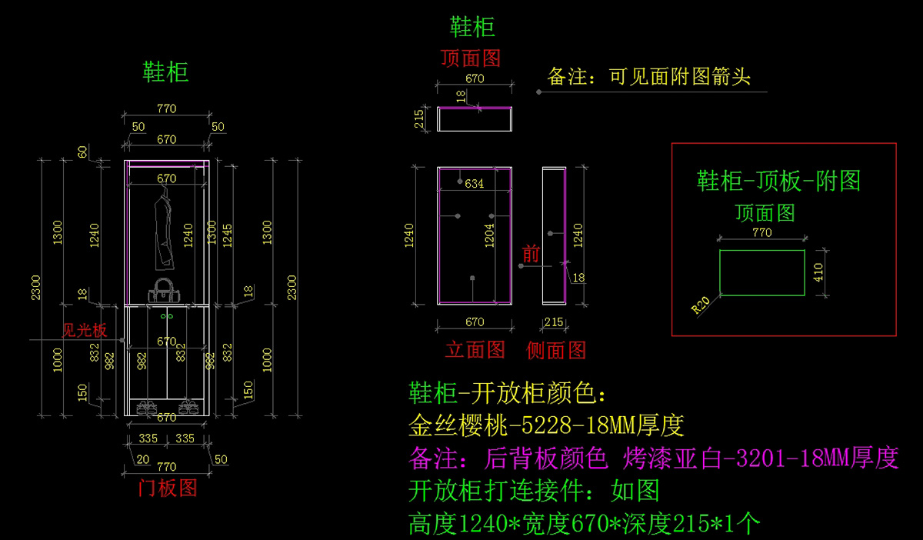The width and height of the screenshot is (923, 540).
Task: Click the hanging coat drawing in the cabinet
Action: point(163,232)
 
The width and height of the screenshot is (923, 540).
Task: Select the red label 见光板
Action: point(85,331)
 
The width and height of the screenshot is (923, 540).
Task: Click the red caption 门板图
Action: point(167,488)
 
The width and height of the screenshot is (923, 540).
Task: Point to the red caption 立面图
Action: point(475,350)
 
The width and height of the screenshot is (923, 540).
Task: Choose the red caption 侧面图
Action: point(556,350)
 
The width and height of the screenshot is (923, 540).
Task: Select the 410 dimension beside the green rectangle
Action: point(818,272)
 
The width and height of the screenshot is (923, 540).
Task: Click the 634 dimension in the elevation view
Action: point(475,184)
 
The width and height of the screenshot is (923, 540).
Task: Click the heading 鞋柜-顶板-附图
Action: point(778,182)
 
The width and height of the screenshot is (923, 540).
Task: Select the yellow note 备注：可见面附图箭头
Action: point(648,77)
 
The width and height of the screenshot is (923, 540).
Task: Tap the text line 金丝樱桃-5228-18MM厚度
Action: point(546,425)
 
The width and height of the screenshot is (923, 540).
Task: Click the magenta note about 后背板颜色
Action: point(654,458)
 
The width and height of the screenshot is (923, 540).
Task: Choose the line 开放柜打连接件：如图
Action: point(534,491)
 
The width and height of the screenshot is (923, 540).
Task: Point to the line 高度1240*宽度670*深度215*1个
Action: point(585,524)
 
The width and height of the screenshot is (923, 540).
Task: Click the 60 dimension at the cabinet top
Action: point(82,152)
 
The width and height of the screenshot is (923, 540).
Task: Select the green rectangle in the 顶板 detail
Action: point(761,272)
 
